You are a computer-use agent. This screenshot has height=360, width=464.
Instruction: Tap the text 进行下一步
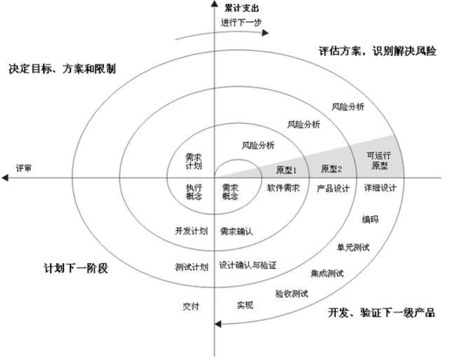pyautogui.click(x=241, y=22)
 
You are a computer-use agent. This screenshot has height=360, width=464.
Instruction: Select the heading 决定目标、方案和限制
pyautogui.click(x=62, y=69)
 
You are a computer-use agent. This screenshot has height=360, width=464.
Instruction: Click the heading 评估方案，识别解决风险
pyautogui.click(x=377, y=52)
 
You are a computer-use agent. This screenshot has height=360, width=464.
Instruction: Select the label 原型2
pyautogui.click(x=332, y=169)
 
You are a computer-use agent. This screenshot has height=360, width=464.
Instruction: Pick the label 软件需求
pyautogui.click(x=283, y=188)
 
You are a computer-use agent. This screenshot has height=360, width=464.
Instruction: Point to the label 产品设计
pyautogui.click(x=333, y=188)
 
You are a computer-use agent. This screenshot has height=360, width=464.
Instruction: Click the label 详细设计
pyautogui.click(x=381, y=188)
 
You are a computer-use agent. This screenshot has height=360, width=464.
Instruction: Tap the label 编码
pyautogui.click(x=370, y=219)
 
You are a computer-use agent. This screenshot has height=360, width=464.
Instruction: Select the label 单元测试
pyautogui.click(x=353, y=247)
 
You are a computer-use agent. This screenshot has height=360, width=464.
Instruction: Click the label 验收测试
pyautogui.click(x=291, y=293)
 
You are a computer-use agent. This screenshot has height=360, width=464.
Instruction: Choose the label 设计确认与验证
pyautogui.click(x=248, y=264)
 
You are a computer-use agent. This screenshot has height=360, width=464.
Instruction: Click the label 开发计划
pyautogui.click(x=191, y=231)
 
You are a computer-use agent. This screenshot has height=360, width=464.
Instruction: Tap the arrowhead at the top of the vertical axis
pyautogui.click(x=214, y=4)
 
